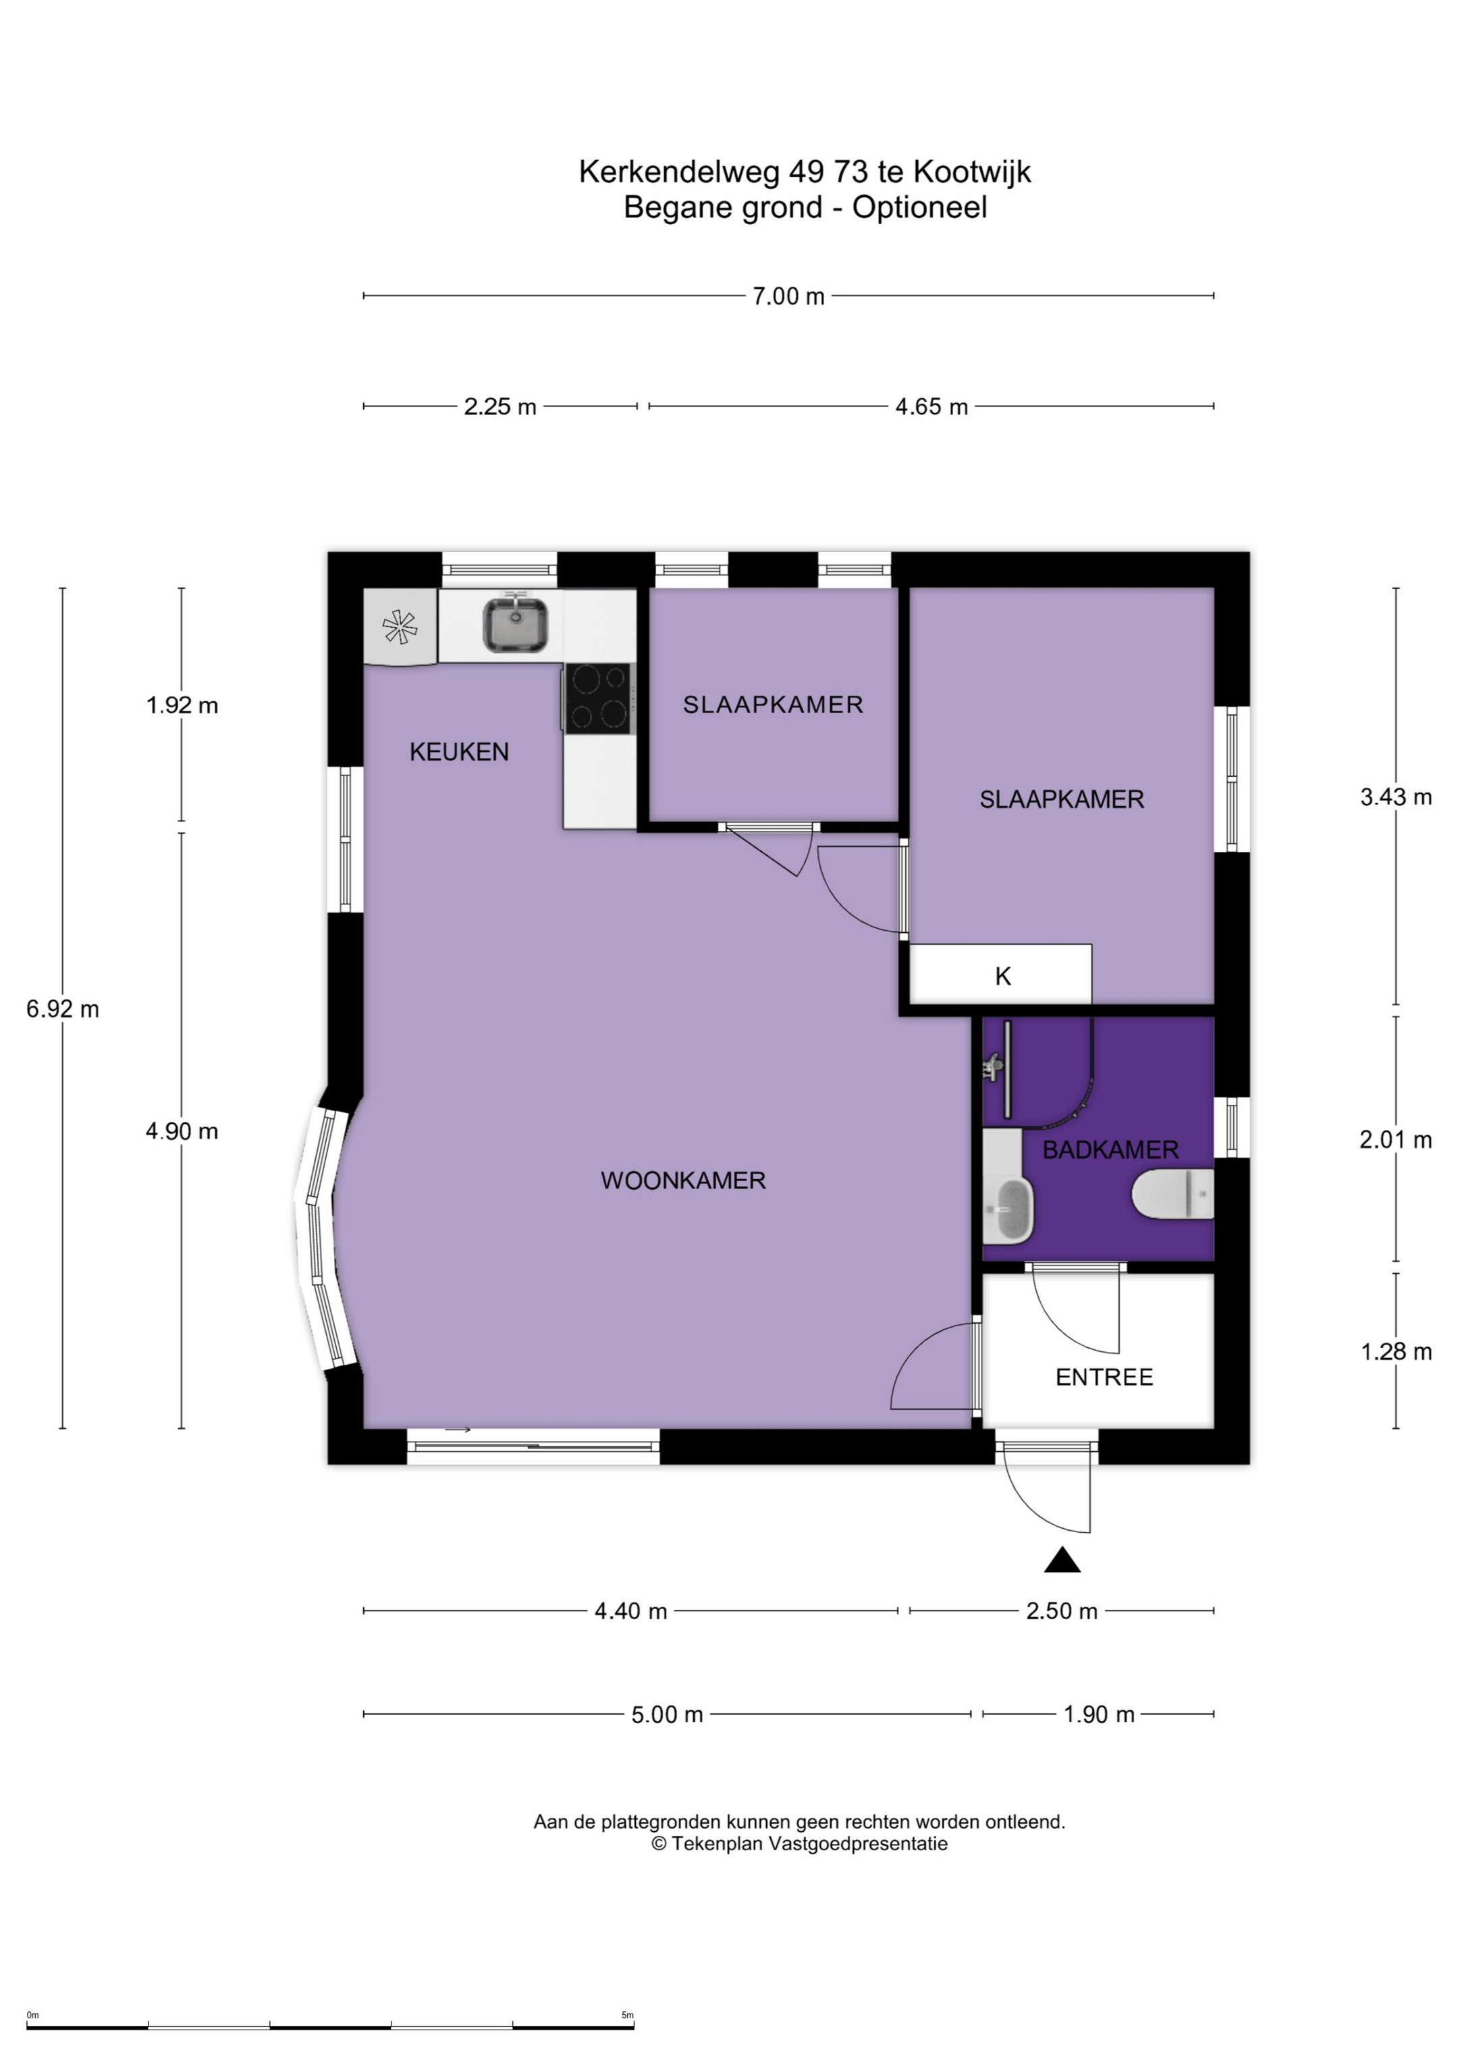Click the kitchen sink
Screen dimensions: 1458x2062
click(x=516, y=624)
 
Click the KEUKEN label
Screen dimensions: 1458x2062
click(x=459, y=752)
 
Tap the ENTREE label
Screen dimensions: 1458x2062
click(x=1104, y=1377)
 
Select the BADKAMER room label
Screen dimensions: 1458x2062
click(x=1110, y=1149)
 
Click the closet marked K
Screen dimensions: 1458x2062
click(x=1001, y=975)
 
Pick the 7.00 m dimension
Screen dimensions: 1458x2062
click(x=788, y=296)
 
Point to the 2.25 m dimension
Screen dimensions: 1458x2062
click(x=500, y=407)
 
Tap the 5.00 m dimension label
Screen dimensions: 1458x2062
click(x=667, y=1714)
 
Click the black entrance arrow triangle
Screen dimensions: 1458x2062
click(x=1062, y=1560)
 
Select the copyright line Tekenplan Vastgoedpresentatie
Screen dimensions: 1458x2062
click(x=799, y=1844)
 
